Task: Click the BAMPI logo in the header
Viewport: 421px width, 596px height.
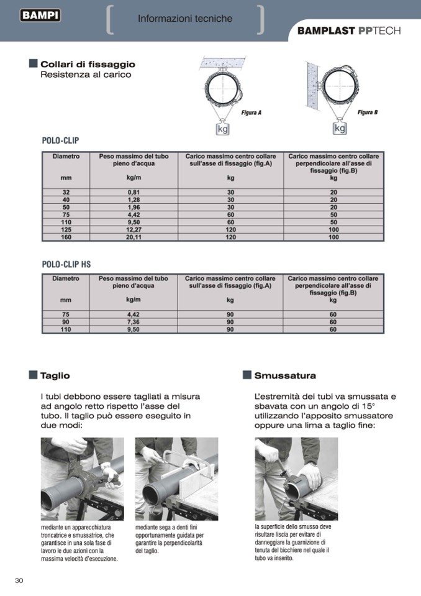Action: click(x=40, y=16)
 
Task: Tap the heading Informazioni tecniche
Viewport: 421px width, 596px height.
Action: click(x=185, y=19)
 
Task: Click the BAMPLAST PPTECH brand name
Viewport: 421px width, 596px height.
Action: click(x=348, y=30)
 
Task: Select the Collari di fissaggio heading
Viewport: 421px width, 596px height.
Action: click(x=88, y=64)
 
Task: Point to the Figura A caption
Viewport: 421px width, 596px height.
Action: click(x=251, y=112)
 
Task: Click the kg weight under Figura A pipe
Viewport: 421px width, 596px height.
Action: click(x=222, y=129)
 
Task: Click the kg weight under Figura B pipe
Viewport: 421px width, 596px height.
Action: click(x=340, y=128)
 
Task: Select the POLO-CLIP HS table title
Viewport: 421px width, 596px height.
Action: click(x=66, y=264)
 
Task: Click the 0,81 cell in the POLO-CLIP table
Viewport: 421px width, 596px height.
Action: click(x=134, y=193)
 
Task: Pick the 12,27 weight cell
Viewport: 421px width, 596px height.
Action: click(x=134, y=229)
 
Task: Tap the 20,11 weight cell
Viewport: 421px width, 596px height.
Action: click(x=134, y=237)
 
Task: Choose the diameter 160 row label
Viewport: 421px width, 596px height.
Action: click(x=66, y=237)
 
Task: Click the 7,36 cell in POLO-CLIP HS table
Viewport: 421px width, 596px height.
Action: click(x=133, y=322)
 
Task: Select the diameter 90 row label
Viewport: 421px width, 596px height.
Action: click(x=65, y=322)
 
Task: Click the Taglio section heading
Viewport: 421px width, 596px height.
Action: click(x=55, y=375)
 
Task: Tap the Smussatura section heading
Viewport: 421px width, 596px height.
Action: click(x=285, y=375)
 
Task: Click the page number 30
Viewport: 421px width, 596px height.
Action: click(x=19, y=580)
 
